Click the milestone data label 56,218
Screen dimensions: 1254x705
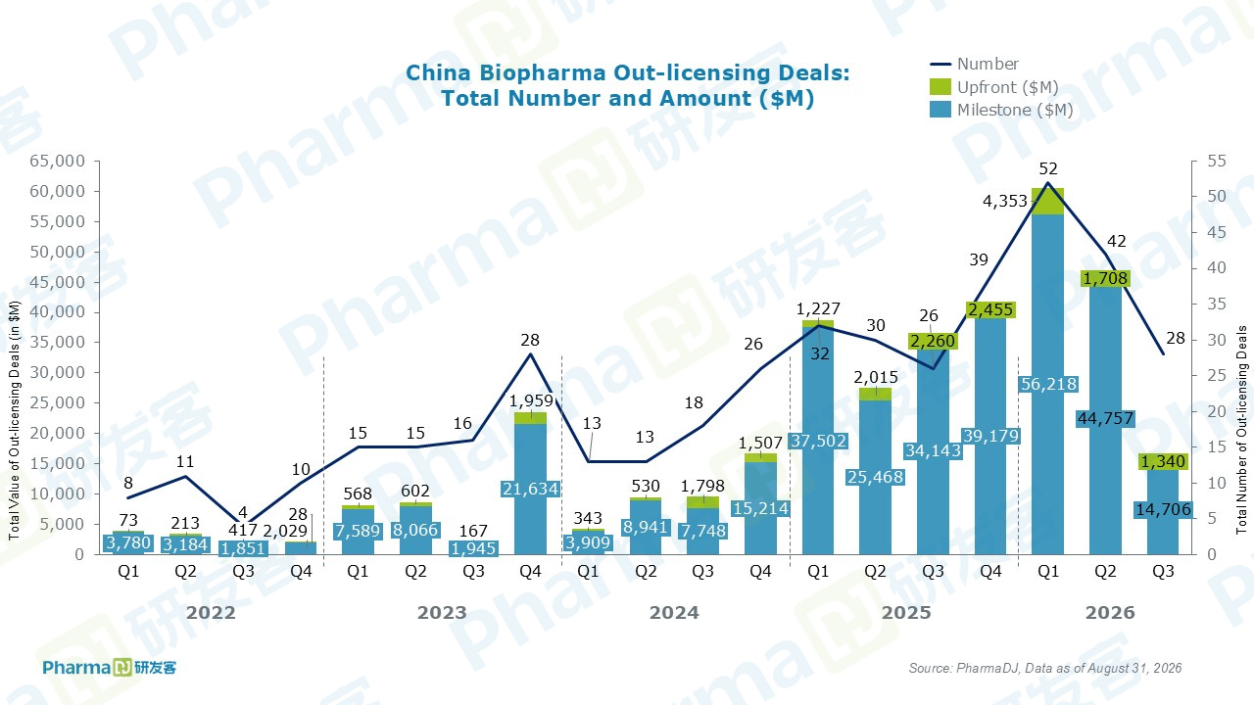(x=1048, y=384)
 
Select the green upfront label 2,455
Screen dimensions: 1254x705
(x=990, y=309)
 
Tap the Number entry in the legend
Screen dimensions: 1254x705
(x=988, y=64)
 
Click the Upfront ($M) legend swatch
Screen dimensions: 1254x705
(x=940, y=87)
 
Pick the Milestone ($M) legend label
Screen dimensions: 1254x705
(x=1015, y=110)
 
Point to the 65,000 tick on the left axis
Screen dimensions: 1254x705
(x=57, y=162)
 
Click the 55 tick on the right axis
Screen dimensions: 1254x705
(x=1216, y=162)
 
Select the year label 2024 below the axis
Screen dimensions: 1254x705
(x=674, y=613)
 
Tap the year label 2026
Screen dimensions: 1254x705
(x=1110, y=613)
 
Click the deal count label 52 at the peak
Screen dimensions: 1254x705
(x=1048, y=168)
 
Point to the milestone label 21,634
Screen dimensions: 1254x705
(x=530, y=489)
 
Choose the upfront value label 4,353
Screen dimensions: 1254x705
(x=1005, y=201)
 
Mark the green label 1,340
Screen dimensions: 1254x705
(x=1163, y=461)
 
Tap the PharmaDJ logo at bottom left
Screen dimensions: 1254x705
(x=109, y=668)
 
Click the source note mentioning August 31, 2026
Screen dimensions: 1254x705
(x=1044, y=668)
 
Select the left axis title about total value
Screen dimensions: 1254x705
(x=14, y=421)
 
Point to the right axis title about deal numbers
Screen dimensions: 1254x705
(x=1241, y=430)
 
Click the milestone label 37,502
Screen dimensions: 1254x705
(x=818, y=441)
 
